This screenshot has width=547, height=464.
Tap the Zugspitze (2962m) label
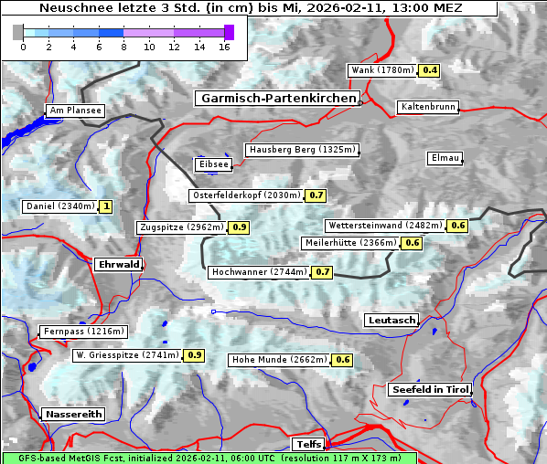[180, 227]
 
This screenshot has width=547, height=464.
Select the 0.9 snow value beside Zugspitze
[240, 227]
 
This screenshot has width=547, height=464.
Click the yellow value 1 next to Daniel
[106, 206]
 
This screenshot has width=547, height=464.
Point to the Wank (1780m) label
[382, 70]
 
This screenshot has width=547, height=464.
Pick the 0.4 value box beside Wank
[430, 70]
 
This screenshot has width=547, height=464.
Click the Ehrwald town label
[118, 264]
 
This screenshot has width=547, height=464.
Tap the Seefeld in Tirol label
[430, 389]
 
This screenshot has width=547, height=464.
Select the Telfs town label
[306, 444]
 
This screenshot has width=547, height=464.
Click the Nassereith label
[72, 414]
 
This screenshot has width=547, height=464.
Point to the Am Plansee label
[75, 111]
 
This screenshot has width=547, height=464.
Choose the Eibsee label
[213, 164]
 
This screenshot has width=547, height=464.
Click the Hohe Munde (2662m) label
[279, 360]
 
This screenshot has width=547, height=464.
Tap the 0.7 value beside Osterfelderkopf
[316, 195]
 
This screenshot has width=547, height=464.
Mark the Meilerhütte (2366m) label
[350, 243]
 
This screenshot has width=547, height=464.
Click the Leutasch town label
[391, 320]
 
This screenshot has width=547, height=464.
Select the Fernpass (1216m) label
[82, 332]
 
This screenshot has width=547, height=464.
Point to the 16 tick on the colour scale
[224, 47]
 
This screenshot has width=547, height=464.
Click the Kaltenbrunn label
[427, 107]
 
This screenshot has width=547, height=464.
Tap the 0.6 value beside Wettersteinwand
[458, 226]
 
